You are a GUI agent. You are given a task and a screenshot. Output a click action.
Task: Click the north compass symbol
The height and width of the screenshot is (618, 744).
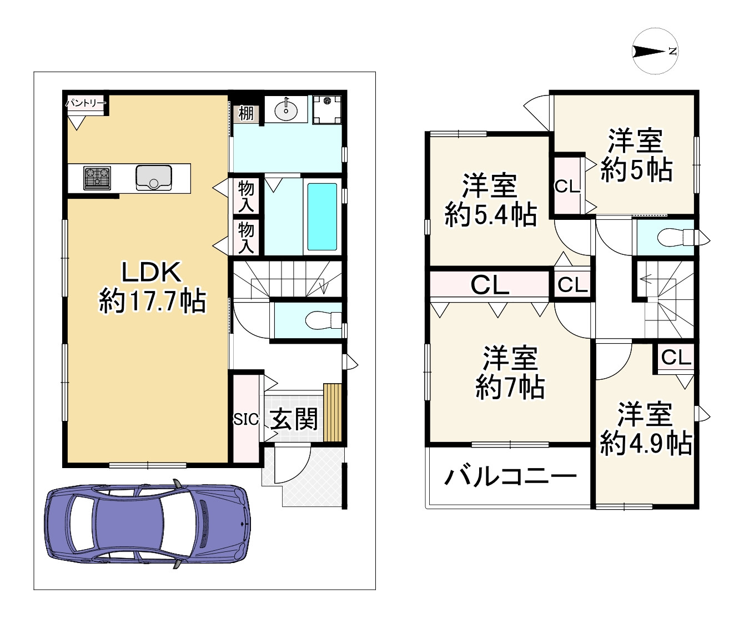click(655, 52)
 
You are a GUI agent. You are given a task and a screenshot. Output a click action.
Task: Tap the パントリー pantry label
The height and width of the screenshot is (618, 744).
click(86, 103)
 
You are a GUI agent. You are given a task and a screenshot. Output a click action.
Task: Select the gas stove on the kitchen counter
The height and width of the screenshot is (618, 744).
click(97, 178)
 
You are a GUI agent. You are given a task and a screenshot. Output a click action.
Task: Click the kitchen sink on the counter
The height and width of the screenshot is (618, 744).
click(154, 178)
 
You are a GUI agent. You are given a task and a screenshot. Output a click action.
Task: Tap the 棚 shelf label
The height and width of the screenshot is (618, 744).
click(245, 113)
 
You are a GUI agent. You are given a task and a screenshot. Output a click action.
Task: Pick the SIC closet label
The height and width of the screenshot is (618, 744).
click(245, 419)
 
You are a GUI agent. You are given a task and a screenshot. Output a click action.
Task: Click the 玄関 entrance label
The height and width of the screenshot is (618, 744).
click(294, 419)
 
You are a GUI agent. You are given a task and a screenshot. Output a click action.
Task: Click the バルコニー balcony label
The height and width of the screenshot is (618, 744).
click(510, 476)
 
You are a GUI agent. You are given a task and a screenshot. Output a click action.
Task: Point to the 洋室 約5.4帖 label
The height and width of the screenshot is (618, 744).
click(491, 200)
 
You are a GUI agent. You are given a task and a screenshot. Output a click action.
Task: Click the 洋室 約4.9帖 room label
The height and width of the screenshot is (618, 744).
click(646, 429)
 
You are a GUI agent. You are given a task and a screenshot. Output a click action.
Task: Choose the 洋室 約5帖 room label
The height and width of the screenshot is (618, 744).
click(636, 155)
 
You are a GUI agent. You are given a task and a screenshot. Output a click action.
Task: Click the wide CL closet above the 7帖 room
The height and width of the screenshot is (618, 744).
click(490, 285)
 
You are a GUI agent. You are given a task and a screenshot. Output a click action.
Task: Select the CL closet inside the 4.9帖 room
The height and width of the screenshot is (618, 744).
click(676, 357)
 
